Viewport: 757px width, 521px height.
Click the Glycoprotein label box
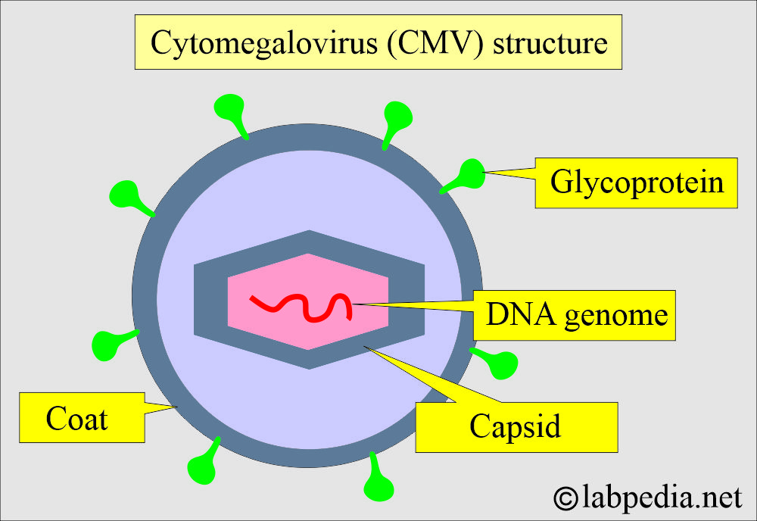click(636, 183)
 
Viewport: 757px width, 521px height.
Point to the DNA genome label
click(573, 314)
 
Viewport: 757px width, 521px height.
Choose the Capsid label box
click(516, 426)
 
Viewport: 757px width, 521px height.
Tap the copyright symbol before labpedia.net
click(565, 498)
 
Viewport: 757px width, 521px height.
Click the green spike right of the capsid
click(498, 363)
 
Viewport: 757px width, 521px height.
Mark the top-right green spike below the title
click(397, 116)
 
